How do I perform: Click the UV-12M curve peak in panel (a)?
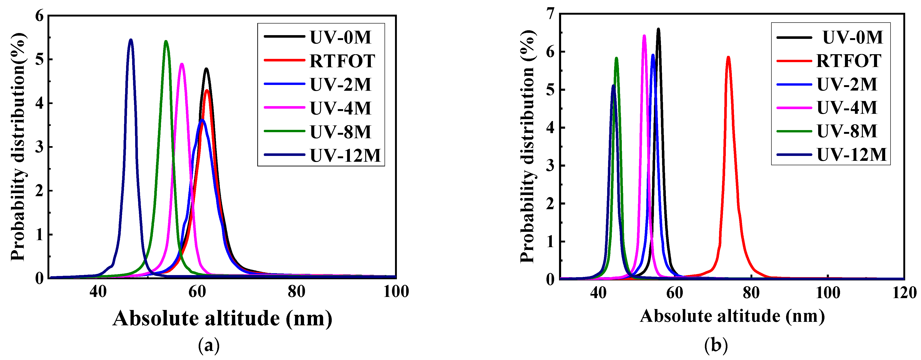(x=131, y=40)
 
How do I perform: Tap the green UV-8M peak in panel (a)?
(x=166, y=41)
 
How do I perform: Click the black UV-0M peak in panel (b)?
(x=658, y=29)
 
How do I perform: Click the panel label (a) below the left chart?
(x=209, y=345)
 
